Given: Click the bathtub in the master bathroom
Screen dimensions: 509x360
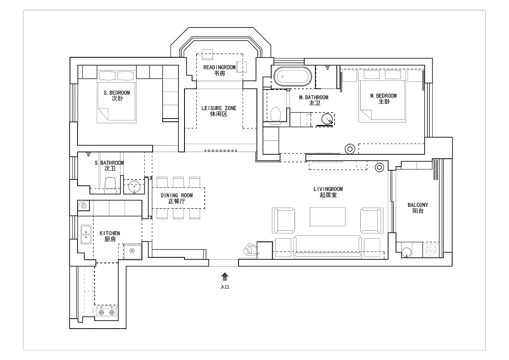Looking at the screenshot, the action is (292, 76).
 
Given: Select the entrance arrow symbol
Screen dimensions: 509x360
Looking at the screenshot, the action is (225, 276).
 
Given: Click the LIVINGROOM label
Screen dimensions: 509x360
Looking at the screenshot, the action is (328, 189).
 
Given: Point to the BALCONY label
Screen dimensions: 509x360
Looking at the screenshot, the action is (418, 205).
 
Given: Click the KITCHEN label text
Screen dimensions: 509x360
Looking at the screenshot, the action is (110, 233).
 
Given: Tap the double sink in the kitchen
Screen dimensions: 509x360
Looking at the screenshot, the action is (86, 235).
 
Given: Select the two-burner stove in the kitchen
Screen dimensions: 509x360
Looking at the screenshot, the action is (107, 312).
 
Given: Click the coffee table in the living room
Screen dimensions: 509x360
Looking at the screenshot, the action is (327, 216).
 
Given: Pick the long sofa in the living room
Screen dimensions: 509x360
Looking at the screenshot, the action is (327, 247).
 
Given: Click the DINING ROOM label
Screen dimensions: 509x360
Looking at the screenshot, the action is (177, 195).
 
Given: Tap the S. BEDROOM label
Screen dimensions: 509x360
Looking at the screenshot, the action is (117, 93).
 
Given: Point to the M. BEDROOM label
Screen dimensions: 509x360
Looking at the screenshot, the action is (383, 96).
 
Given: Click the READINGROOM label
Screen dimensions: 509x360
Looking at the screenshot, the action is (219, 67).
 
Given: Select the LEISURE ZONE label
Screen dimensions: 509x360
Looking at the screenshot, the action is (219, 108).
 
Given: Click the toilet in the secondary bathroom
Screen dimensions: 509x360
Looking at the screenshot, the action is (111, 184).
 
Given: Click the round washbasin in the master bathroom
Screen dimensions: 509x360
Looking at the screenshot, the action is (327, 119).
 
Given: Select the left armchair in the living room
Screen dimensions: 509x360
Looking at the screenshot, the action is (284, 220).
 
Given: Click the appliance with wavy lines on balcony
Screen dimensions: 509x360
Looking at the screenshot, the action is (431, 250).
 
